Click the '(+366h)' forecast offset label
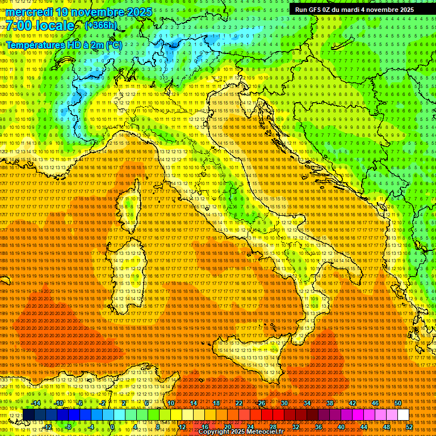100,26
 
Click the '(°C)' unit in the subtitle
113,44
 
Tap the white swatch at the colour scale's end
403,415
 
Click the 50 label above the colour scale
397,403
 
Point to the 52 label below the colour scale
409,427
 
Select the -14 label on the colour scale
35,403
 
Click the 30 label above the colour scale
284,403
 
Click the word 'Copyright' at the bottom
215,432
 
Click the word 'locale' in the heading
57,26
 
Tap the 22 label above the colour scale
238,403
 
